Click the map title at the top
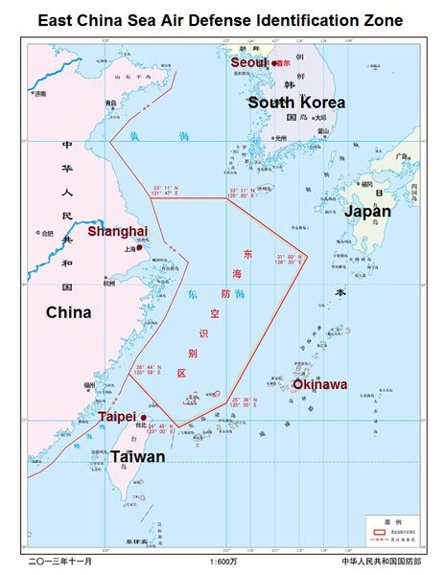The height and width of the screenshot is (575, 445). click(x=222, y=20)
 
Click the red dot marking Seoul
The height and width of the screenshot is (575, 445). click(x=274, y=63)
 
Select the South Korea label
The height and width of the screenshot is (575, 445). click(x=295, y=103)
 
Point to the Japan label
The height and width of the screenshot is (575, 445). click(x=367, y=211)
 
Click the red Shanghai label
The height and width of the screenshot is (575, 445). click(x=117, y=231)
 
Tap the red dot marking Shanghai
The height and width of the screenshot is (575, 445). click(x=140, y=246)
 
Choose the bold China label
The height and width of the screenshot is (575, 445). click(x=68, y=312)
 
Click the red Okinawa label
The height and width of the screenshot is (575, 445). click(x=319, y=384)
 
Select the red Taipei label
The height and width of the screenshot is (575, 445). click(x=121, y=417)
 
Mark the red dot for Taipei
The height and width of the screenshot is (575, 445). click(x=144, y=417)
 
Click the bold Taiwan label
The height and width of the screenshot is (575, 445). click(x=137, y=457)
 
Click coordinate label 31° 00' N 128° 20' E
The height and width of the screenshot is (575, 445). click(x=289, y=260)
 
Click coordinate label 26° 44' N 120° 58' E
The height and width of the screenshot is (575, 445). click(x=152, y=369)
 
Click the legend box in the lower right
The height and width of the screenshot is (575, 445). click(x=393, y=525)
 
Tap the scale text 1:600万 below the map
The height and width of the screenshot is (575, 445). click(x=223, y=561)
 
